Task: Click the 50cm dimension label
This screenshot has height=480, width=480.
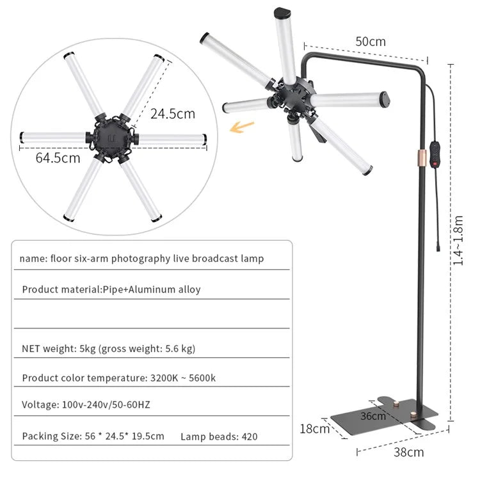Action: (371, 42)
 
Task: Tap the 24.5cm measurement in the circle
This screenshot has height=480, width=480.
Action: (173, 114)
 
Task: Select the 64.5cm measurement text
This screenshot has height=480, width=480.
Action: (58, 157)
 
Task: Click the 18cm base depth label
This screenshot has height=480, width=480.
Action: (314, 428)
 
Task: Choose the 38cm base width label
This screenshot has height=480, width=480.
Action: (408, 452)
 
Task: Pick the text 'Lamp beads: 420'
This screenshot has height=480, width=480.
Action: (219, 436)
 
